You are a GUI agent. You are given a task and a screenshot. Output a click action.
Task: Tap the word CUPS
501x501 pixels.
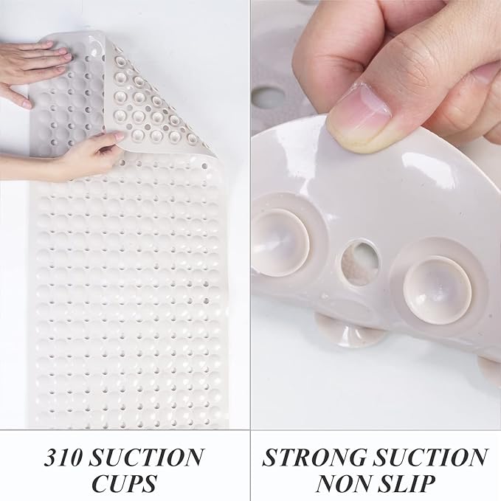point(125,483)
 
